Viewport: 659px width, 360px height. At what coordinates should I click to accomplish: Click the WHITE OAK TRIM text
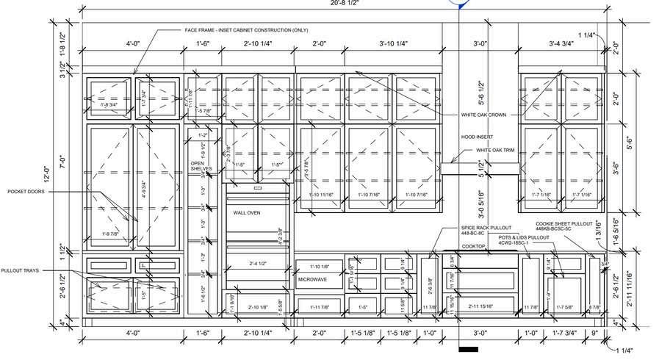[x=486, y=150]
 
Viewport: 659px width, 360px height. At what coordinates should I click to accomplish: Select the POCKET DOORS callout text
[x=26, y=191]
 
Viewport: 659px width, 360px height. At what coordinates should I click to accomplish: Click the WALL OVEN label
[x=248, y=212]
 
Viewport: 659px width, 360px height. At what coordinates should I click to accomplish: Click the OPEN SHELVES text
[x=201, y=166]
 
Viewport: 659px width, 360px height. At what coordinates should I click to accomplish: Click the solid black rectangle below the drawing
[x=468, y=348]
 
